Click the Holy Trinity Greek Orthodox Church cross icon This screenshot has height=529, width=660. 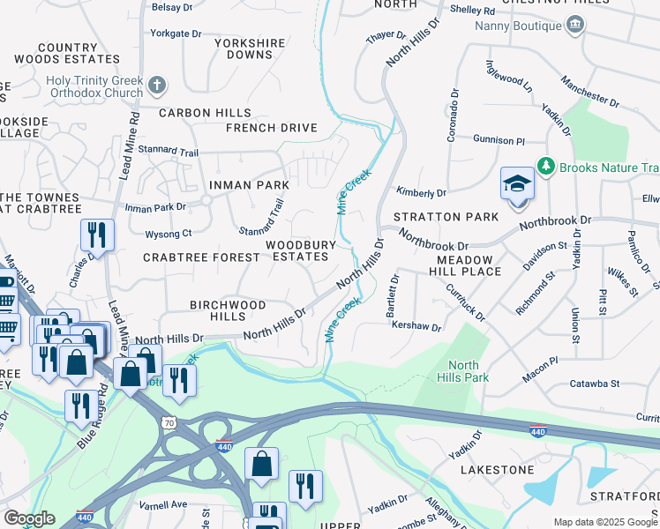click(x=157, y=86)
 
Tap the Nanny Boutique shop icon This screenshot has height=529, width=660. click(x=575, y=24)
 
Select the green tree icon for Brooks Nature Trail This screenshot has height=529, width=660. click(x=546, y=167)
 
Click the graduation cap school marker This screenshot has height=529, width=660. click(x=517, y=183)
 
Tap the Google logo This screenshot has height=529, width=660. click(x=29, y=518)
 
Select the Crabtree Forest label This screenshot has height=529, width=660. click(x=201, y=257)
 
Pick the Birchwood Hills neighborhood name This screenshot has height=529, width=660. click(x=228, y=310)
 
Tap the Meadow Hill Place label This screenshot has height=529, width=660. click(x=469, y=265)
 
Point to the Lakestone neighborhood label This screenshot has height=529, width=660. click(x=497, y=470)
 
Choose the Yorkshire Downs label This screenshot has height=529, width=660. click(x=250, y=48)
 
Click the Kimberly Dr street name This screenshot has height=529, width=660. click(x=421, y=192)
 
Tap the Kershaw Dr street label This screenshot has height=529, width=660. click(x=415, y=326)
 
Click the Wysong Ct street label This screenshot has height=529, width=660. click(x=168, y=234)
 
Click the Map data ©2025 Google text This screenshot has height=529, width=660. click(x=605, y=522)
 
